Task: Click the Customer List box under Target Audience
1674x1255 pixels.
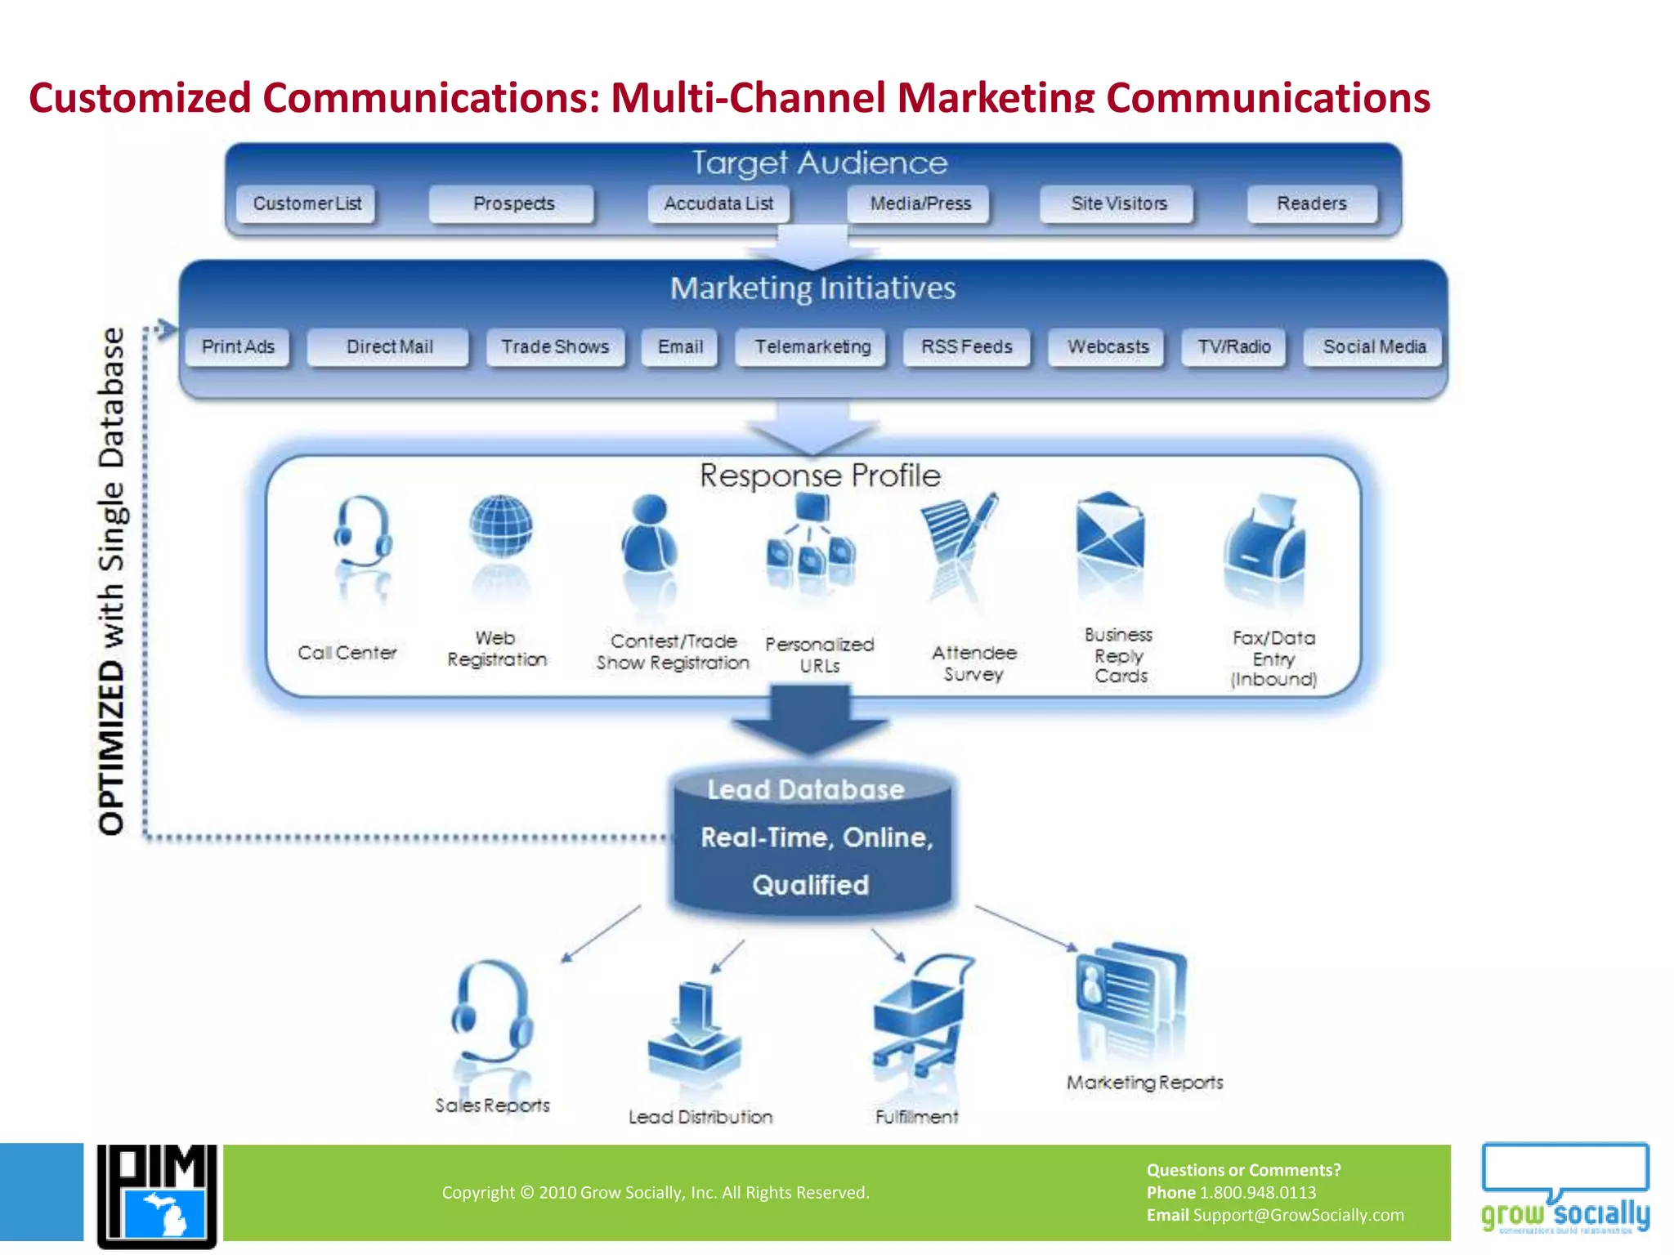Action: tap(307, 203)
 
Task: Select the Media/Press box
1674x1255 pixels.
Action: tap(920, 203)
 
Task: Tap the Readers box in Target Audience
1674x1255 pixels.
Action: tap(1311, 203)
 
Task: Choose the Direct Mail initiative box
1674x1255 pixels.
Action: tap(388, 347)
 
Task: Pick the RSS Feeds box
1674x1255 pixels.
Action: tap(966, 347)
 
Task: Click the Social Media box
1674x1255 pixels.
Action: tap(1373, 347)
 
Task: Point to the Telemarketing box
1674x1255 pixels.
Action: tap(812, 347)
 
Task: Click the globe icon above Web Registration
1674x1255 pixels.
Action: tap(500, 527)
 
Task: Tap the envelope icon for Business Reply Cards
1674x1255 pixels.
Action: tap(1109, 531)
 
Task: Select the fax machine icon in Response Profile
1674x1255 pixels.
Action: tap(1264, 539)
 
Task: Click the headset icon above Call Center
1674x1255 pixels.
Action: tap(362, 531)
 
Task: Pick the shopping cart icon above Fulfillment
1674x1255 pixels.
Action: tap(920, 1013)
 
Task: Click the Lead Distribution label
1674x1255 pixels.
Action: tap(700, 1117)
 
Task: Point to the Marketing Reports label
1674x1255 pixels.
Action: tap(1144, 1083)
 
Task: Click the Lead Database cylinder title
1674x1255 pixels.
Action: tap(805, 789)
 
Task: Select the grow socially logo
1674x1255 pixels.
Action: tap(1564, 1189)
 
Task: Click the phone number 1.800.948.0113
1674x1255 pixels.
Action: tap(1257, 1193)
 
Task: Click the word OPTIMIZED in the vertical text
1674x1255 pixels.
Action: tap(112, 748)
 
